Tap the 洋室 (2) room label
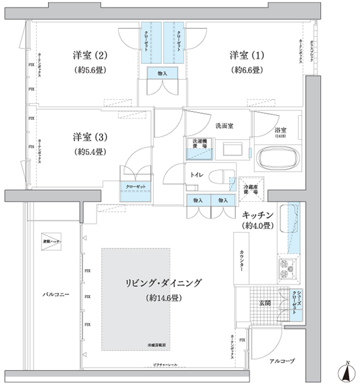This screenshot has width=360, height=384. point(90,56)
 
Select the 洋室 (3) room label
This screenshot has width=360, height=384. point(90,136)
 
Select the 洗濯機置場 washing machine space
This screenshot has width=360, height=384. point(200,147)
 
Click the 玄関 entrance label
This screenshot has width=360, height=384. point(264,303)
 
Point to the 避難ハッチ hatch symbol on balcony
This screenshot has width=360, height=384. point(48,239)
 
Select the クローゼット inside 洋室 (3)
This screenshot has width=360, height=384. point(136,186)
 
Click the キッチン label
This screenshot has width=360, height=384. point(258,214)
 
